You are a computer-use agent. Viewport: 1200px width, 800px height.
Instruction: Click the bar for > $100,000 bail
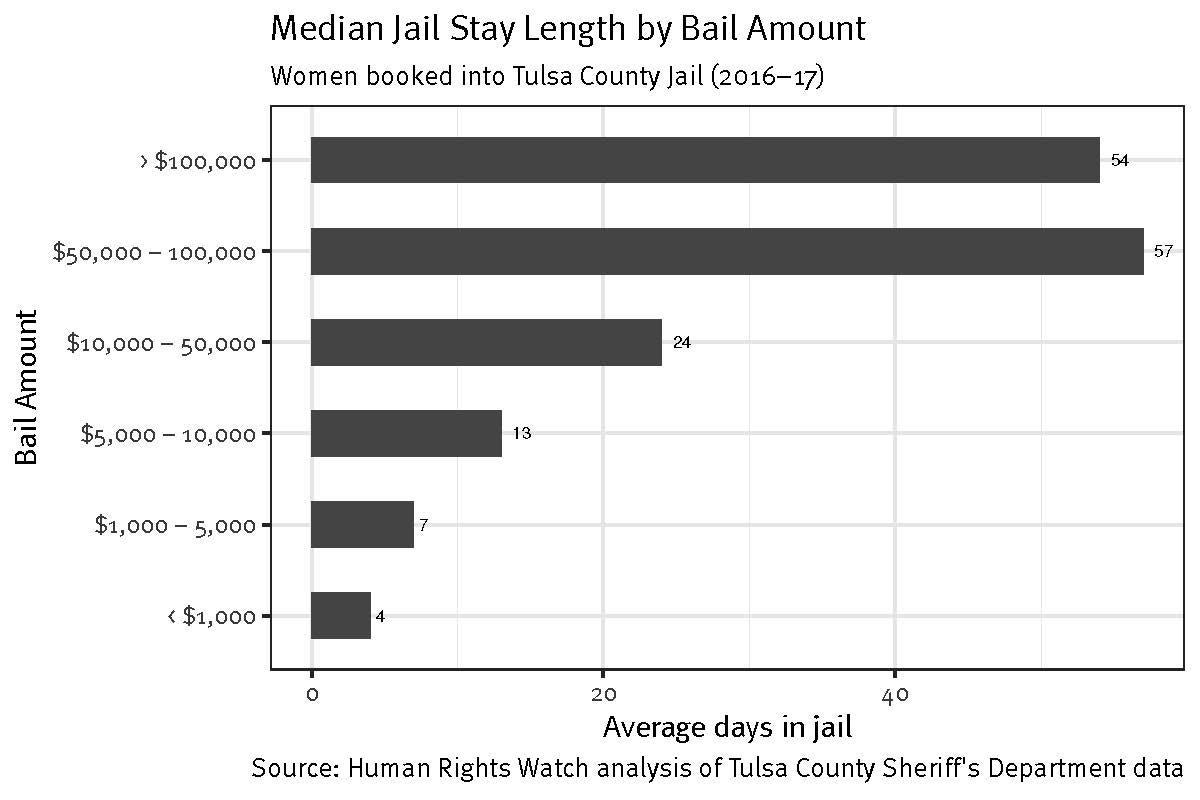tap(705, 160)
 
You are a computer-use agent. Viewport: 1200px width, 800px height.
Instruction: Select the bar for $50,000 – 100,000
tap(727, 251)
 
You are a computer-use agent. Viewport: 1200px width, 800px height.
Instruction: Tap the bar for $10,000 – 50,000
tap(486, 342)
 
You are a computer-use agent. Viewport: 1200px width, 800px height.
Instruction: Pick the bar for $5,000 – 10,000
tap(406, 433)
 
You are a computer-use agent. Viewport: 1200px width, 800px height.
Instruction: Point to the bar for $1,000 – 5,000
tap(362, 524)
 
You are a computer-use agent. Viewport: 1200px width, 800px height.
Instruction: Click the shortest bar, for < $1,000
tap(340, 615)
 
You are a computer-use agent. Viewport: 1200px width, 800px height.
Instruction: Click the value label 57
tap(1162, 251)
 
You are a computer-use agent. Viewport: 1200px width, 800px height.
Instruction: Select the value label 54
tap(1119, 160)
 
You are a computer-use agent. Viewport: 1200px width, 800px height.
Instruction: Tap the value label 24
tap(681, 342)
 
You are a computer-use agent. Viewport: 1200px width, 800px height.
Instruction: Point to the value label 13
tap(521, 433)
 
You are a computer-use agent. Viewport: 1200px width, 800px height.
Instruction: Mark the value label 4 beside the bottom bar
tap(380, 616)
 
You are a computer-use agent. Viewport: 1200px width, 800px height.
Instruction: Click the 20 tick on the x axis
tap(603, 694)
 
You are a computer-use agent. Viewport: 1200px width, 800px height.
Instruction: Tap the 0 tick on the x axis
tap(312, 694)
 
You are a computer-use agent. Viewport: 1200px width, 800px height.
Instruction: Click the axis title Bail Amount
tap(28, 388)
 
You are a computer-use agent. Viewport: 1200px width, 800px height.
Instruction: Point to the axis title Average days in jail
tap(727, 728)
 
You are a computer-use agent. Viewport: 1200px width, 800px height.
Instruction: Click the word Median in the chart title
tap(318, 29)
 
